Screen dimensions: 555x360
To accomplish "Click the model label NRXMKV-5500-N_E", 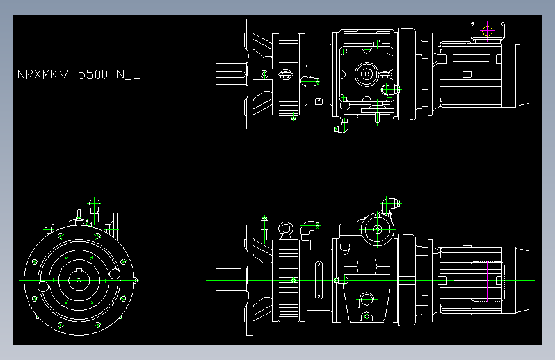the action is (x=78, y=74).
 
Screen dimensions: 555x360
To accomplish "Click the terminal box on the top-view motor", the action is (x=487, y=30).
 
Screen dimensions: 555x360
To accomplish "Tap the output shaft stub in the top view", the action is (x=229, y=74).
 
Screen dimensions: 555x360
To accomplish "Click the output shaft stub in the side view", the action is (x=229, y=280).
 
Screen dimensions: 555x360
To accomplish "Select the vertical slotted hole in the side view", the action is (x=318, y=280).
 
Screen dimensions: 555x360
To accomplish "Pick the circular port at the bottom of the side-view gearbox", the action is (x=367, y=299).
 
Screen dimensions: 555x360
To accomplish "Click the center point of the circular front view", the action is (x=78, y=280).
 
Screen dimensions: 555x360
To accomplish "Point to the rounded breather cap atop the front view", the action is (x=94, y=206).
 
